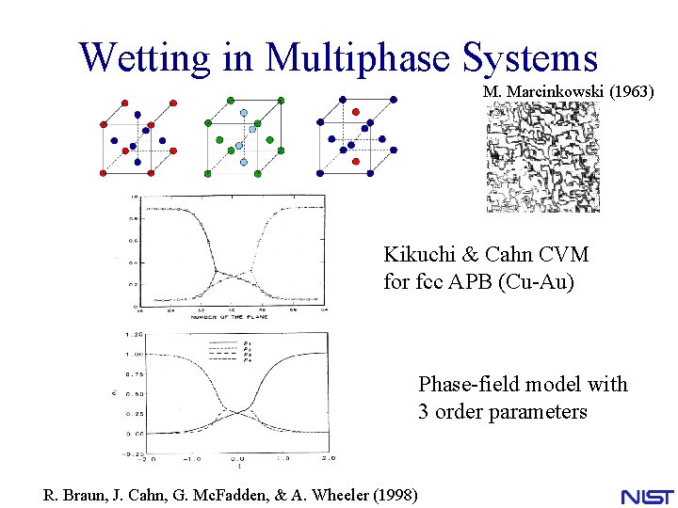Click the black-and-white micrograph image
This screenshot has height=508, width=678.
[x=542, y=157]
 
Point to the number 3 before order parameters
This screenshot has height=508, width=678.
[x=424, y=411]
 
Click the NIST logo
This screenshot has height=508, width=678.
[x=647, y=495]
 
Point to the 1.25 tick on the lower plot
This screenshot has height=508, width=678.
[x=133, y=335]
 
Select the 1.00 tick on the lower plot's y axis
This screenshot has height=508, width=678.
[x=133, y=355]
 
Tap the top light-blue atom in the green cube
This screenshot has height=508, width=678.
[x=243, y=112]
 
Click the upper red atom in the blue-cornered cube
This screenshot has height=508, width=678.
[x=355, y=111]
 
